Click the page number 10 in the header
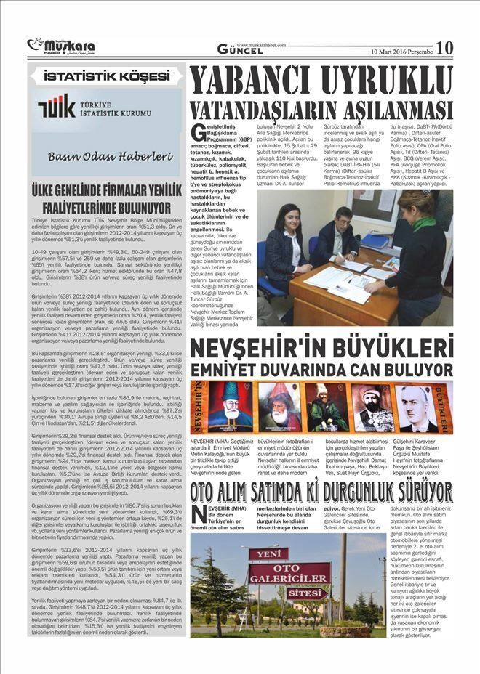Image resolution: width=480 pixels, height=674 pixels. (x=444, y=48)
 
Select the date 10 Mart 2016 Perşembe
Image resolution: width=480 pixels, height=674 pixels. (x=401, y=52)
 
